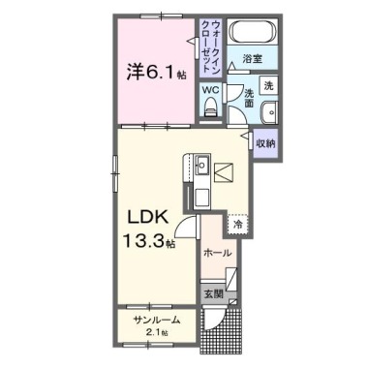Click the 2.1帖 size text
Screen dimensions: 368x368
click(156, 333)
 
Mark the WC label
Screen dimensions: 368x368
click(210, 90)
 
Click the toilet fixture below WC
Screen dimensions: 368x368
click(210, 110)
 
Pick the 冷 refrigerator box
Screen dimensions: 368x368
click(236, 224)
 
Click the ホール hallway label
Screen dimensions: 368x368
click(217, 251)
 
